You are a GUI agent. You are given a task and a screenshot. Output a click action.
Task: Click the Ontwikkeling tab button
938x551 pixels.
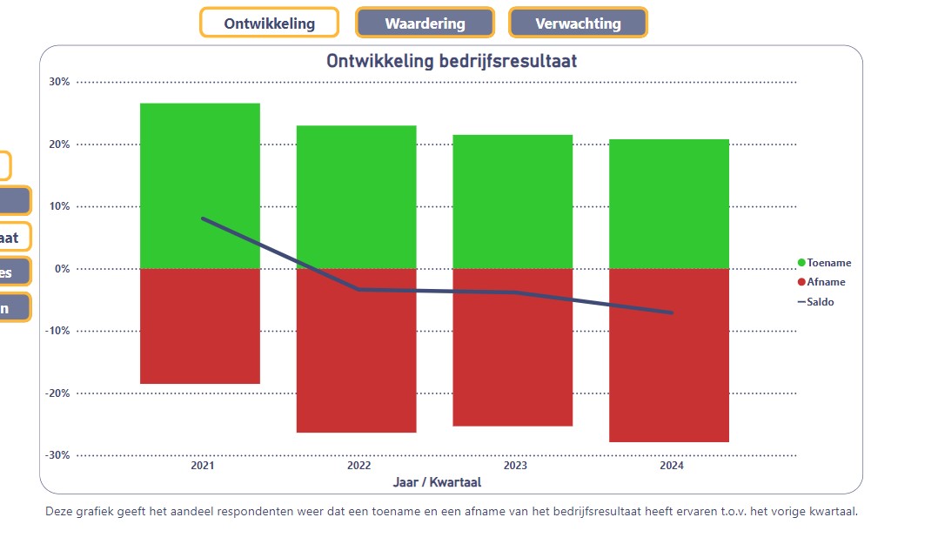coord(269,24)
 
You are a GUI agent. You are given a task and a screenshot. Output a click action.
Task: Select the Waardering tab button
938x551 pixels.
coord(425,24)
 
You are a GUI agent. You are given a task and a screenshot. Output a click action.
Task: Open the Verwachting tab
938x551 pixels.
coord(578,24)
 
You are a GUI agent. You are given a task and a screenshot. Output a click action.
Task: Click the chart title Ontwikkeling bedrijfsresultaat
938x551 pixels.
coord(452,62)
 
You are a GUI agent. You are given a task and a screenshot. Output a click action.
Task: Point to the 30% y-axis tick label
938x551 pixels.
coord(59,82)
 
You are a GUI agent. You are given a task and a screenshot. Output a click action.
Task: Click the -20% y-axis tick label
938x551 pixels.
coord(57,393)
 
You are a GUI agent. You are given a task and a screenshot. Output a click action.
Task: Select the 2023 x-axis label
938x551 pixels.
coord(515,466)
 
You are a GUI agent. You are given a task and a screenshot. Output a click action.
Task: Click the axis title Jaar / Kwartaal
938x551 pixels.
coord(437,481)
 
